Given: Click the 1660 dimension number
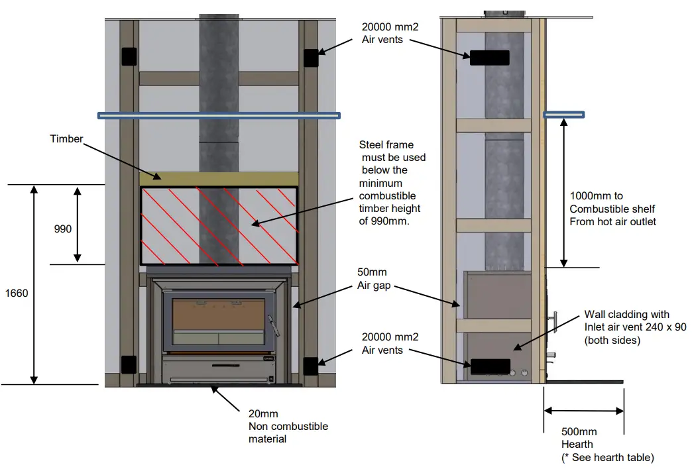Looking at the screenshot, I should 17,293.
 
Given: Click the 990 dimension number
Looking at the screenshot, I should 64,229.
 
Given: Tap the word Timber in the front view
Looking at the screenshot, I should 66,139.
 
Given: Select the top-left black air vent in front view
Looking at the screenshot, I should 129,56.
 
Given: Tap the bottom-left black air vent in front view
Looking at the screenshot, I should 129,364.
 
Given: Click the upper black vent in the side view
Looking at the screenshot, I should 490,58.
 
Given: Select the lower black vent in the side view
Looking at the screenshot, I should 490,366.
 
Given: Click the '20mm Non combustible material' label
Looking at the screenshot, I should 288,427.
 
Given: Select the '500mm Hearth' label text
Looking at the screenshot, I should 579,438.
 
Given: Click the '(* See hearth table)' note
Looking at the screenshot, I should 608,457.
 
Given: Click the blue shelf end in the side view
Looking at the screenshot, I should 564,115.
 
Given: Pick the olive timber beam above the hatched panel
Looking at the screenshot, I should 219,178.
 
